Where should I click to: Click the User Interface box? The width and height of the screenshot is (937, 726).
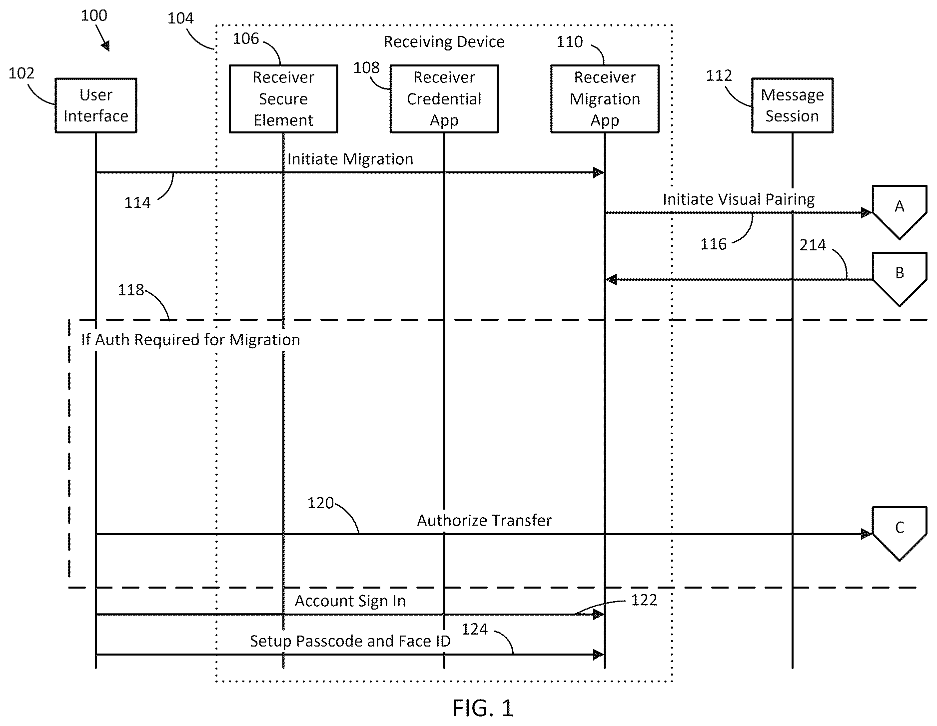click(x=96, y=105)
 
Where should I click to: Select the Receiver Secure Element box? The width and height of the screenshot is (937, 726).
click(x=283, y=99)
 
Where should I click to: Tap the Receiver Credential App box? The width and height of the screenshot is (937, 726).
click(x=444, y=99)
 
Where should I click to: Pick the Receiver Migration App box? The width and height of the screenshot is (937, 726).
click(x=605, y=99)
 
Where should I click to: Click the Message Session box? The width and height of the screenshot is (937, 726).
click(x=792, y=105)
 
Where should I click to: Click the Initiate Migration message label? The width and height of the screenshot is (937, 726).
click(x=350, y=159)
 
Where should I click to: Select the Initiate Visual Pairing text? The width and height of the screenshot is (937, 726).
click(x=739, y=199)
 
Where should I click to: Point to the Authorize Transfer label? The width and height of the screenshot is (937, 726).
click(x=484, y=521)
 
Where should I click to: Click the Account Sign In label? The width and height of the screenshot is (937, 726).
click(x=350, y=601)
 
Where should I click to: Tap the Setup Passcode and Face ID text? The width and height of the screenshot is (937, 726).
click(x=350, y=641)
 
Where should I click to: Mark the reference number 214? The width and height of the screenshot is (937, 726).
click(x=813, y=245)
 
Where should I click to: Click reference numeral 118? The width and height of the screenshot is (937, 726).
click(x=130, y=290)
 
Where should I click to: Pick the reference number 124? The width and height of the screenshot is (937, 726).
click(x=474, y=629)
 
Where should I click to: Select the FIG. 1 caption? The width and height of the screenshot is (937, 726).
click(x=483, y=708)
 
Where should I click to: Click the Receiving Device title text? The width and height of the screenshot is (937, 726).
click(x=444, y=42)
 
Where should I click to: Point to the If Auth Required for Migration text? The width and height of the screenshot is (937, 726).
click(x=191, y=340)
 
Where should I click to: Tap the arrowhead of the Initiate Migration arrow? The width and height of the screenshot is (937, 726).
click(x=599, y=173)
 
